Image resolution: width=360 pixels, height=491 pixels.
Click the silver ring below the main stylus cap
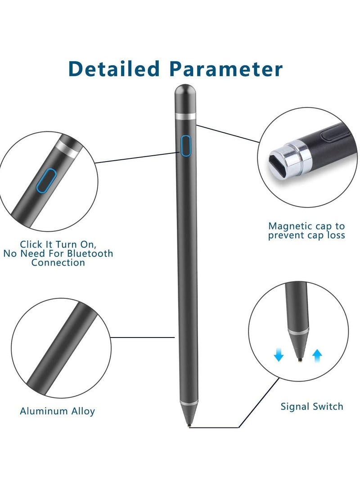click(x=185, y=117)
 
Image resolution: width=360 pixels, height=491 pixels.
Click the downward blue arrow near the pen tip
click(x=279, y=356)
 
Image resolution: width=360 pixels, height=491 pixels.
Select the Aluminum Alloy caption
click(x=57, y=411)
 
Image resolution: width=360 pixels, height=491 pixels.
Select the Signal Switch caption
click(x=311, y=406)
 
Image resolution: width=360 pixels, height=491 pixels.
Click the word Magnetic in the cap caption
click(x=288, y=226)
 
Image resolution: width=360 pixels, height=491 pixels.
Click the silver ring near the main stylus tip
click(x=187, y=401)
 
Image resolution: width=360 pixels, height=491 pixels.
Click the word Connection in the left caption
click(x=58, y=262)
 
